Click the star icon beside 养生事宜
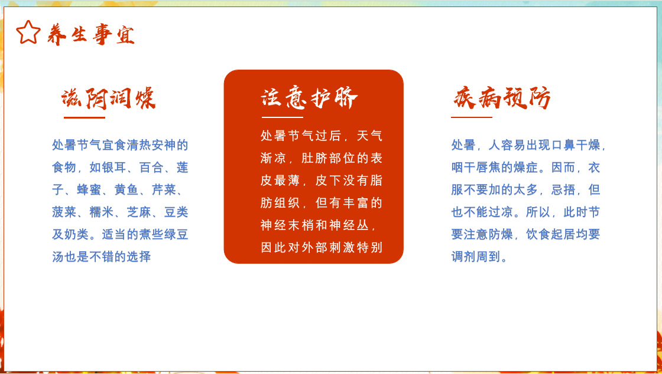[x=28, y=32]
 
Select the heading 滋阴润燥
[x=109, y=99]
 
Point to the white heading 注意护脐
[x=309, y=99]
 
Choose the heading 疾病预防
[x=502, y=99]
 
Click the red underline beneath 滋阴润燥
[x=85, y=117]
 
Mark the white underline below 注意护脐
[x=283, y=117]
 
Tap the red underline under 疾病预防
[x=472, y=117]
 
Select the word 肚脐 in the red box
[x=315, y=158]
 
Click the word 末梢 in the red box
[x=301, y=225]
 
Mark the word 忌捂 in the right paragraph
[x=563, y=190]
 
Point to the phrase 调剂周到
[x=476, y=257]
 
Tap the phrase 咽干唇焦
[x=476, y=168]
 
